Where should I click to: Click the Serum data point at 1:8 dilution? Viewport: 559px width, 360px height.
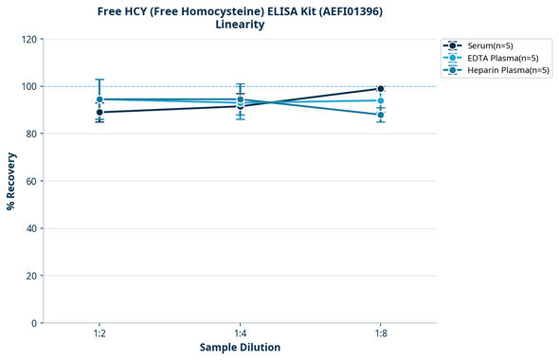(381, 89)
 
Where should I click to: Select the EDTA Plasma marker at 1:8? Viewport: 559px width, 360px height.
(381, 100)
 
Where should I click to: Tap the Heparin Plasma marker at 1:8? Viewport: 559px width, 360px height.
(381, 115)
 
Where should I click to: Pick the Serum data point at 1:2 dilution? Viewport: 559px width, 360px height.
(99, 112)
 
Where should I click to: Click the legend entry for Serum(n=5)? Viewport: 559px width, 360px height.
(490, 45)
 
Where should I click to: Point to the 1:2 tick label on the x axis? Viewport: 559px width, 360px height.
(99, 333)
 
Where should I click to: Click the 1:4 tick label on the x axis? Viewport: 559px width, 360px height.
(240, 333)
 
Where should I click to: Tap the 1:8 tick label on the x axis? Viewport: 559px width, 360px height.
(381, 333)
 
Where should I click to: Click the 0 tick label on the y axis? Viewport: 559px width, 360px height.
(35, 323)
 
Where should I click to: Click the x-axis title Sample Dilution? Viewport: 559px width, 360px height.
(240, 348)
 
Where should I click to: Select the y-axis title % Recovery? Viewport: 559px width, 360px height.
(11, 181)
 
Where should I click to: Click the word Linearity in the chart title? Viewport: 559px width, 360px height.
(240, 25)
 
